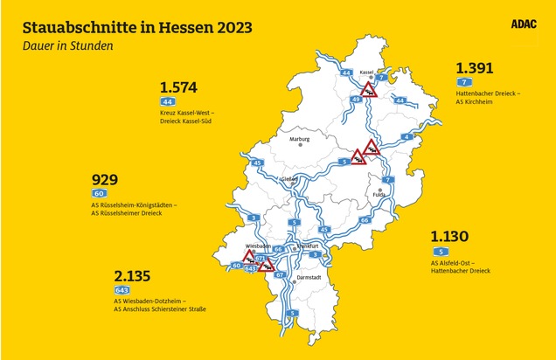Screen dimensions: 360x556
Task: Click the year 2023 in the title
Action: [226, 27]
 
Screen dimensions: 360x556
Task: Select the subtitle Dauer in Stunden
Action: [67, 45]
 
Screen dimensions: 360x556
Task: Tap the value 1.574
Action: [179, 87]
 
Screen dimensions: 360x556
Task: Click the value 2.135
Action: [133, 275]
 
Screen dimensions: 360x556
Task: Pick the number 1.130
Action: [449, 236]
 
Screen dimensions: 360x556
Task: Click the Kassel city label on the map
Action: [367, 71]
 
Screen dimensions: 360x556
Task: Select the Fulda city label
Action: [379, 195]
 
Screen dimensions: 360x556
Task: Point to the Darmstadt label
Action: [310, 278]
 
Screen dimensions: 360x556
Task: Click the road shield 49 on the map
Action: [357, 100]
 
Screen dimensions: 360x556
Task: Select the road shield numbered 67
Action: [280, 275]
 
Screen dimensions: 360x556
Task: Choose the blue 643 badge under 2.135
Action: [122, 290]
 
